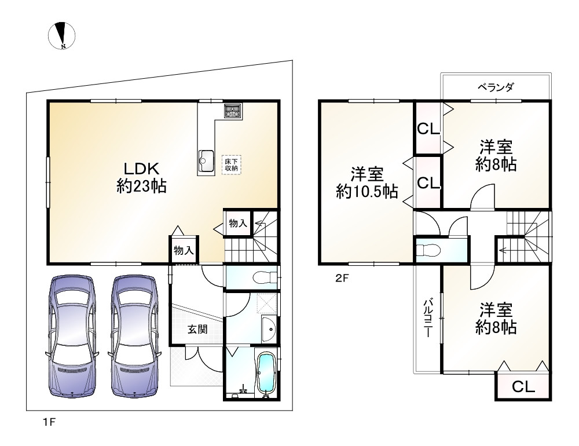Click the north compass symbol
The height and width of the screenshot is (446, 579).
click(61, 35)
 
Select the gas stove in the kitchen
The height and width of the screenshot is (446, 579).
click(233, 110)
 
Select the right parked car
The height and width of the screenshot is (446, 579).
click(134, 335)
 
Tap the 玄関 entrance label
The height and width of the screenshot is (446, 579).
click(197, 329)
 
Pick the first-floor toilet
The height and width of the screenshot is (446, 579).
click(263, 277)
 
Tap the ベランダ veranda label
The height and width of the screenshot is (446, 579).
click(496, 87)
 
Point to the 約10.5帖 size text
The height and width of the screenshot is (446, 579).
click(367, 191)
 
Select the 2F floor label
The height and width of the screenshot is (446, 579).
click(342, 277)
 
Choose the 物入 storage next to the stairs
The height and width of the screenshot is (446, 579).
click(238, 223)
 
